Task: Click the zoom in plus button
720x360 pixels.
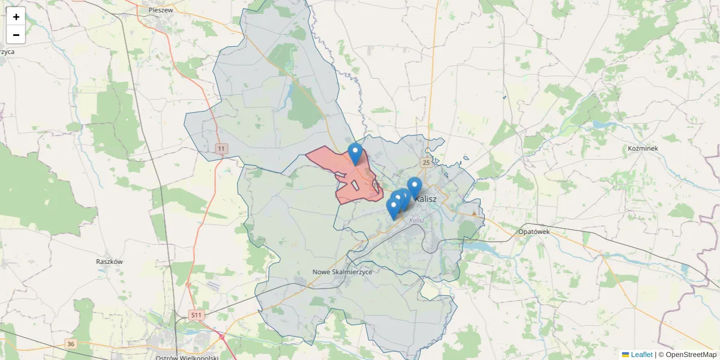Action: point(16,17)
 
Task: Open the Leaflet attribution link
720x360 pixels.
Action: point(641,355)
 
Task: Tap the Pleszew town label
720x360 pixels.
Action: point(161,10)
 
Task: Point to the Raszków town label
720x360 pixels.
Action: point(109,262)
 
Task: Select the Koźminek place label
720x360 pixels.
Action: point(643,148)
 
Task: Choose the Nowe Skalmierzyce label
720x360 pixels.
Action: point(343,272)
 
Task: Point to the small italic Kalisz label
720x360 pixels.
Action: point(416,220)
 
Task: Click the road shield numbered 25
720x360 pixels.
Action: point(426,163)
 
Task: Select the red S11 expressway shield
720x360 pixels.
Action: point(196,314)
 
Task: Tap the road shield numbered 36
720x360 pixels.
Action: point(71,344)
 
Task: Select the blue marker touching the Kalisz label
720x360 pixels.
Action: point(415,187)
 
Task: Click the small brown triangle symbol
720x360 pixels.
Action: point(475,212)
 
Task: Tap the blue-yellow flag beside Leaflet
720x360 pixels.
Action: point(625,355)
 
